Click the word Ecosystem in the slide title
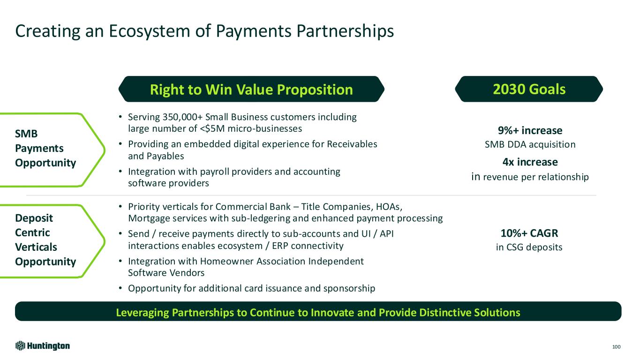coord(149,31)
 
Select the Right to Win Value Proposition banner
coord(251,89)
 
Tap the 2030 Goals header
coord(529,89)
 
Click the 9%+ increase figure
coord(530,131)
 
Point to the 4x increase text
coord(530,162)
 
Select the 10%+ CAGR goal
coord(529,233)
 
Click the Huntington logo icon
coord(21,346)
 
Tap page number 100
coord(616,347)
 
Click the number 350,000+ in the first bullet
coord(182,117)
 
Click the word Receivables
coord(352,144)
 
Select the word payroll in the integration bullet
coord(215,172)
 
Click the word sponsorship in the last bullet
coord(349,289)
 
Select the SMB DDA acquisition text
coord(530,144)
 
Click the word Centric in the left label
coord(32,232)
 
